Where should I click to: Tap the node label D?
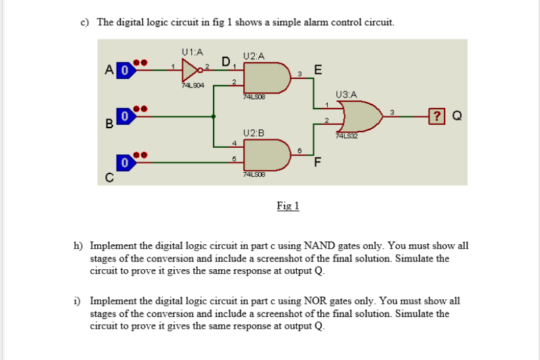point(226,62)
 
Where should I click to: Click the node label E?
point(318,70)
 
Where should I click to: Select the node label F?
point(318,163)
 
